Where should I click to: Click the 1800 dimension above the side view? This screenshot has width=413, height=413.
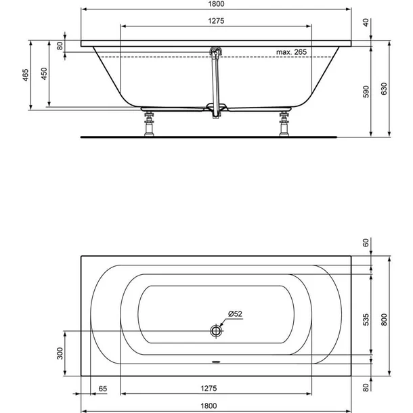[216, 3]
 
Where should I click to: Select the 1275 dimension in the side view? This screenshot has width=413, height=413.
[216, 21]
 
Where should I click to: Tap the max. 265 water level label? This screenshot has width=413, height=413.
[291, 52]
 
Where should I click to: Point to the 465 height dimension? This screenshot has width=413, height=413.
[25, 74]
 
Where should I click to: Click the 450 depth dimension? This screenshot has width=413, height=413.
[44, 74]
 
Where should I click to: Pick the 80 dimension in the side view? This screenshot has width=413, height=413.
[60, 46]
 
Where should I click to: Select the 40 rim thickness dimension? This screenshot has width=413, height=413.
[366, 22]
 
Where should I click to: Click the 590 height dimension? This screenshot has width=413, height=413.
[366, 91]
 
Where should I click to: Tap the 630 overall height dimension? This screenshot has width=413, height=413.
[384, 89]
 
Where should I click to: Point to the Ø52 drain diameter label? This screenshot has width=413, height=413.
[235, 313]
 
